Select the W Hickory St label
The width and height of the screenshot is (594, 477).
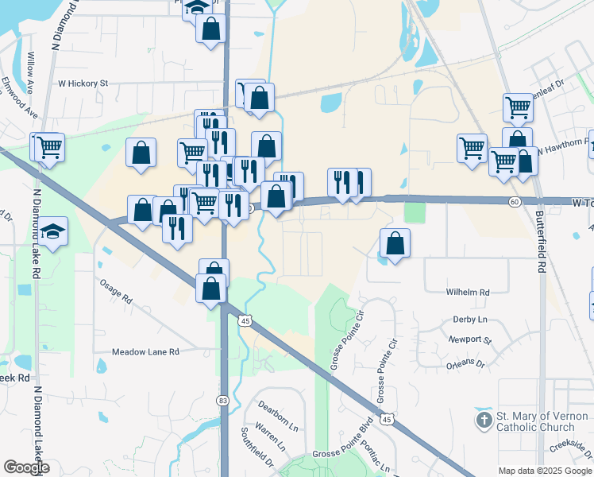tap(83, 82)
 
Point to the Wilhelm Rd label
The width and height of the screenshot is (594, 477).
tap(468, 292)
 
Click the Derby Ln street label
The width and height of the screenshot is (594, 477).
tap(469, 320)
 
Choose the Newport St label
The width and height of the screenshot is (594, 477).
tap(470, 339)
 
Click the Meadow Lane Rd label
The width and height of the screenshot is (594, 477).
tap(145, 351)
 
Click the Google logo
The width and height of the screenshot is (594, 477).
tap(26, 467)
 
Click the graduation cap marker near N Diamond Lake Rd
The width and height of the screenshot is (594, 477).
tap(54, 232)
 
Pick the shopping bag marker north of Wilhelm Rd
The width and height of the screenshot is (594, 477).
tap(395, 242)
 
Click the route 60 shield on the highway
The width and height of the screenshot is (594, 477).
tap(515, 202)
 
